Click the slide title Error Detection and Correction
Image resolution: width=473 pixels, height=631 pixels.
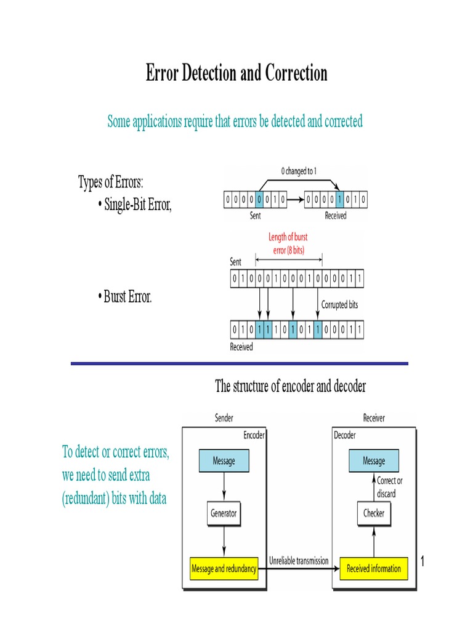[x=236, y=73]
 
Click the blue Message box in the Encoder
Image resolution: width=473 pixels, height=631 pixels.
[x=224, y=461]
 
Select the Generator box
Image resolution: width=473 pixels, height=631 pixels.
[x=224, y=513]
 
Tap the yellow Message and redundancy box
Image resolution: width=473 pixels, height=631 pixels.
[x=224, y=569]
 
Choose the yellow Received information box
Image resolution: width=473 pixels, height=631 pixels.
[x=373, y=569]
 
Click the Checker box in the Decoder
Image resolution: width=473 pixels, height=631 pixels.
[x=373, y=513]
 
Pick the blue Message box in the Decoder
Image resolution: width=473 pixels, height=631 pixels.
[x=373, y=461]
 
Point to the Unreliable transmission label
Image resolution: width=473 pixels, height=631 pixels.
[x=299, y=561]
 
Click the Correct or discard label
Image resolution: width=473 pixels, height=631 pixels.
[x=390, y=487]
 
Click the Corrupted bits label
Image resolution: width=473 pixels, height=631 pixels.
[x=339, y=304]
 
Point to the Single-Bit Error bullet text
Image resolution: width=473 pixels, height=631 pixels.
[x=138, y=205]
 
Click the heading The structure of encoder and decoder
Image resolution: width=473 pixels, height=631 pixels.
[x=290, y=386]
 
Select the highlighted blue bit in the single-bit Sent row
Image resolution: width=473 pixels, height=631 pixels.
[x=260, y=199]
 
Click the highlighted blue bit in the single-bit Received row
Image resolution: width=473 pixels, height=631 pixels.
[x=339, y=199]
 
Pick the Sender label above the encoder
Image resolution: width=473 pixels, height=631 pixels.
[x=224, y=418]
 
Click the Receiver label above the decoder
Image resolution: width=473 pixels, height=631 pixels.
[x=373, y=418]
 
